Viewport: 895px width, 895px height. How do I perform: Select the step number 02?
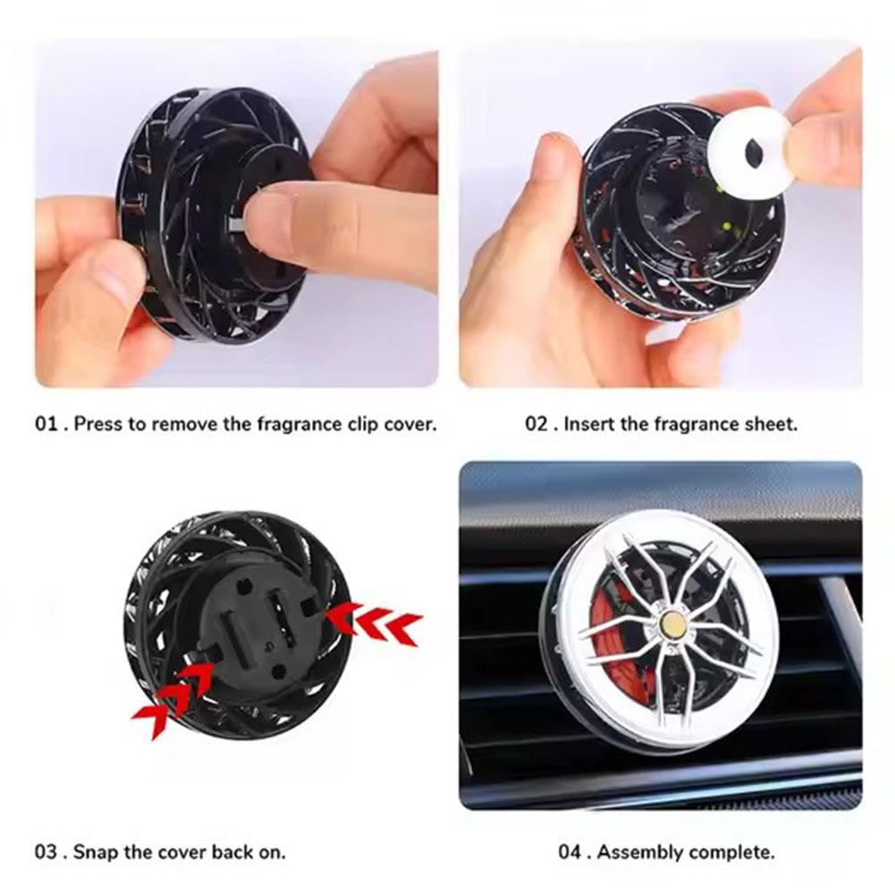[x=536, y=424]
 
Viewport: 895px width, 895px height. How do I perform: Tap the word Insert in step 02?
[x=589, y=424]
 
